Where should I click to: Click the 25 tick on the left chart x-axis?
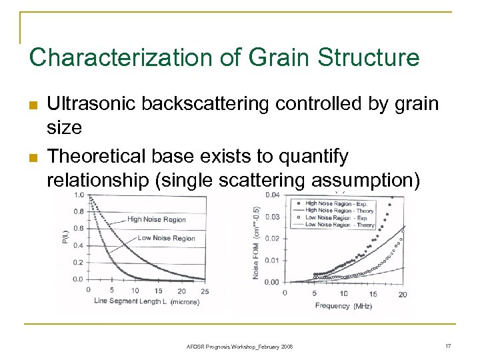coord(203,290)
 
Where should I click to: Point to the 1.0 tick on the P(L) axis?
coord(79,195)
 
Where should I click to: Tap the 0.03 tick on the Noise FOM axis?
coord(272,217)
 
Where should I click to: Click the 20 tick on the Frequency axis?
coord(403,294)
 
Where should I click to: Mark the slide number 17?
coord(447,346)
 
